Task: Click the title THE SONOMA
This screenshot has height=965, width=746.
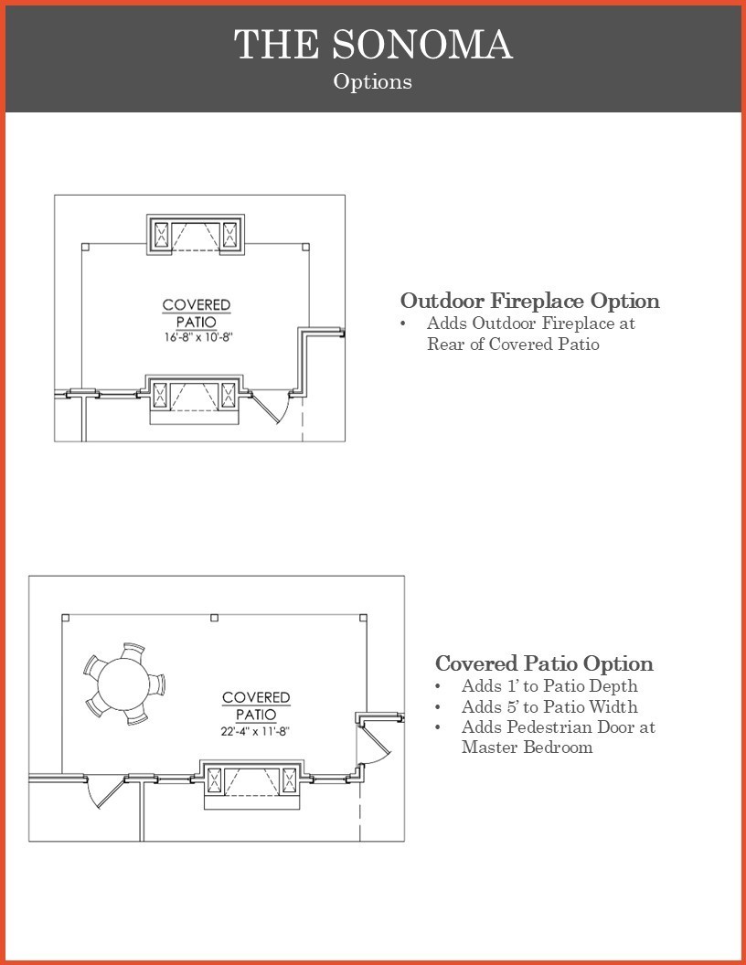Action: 373,44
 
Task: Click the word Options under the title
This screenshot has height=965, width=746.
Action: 372,81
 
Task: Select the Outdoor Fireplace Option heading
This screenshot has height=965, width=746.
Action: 530,301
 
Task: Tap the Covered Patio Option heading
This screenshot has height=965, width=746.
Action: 544,663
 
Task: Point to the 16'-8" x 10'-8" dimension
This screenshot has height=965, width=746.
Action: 197,337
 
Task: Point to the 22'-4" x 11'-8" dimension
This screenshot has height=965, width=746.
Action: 255,731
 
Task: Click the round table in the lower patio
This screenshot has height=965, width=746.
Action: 123,684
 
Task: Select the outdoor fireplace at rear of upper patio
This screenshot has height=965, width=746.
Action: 196,235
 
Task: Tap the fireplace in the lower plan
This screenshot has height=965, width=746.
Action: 251,784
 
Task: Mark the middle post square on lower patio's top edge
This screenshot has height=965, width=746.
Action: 214,617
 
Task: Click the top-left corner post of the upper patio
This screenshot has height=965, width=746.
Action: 86,248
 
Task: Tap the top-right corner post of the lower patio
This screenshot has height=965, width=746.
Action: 363,618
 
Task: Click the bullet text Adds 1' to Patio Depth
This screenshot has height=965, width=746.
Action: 549,685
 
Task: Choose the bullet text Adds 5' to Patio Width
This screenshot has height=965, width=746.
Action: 549,706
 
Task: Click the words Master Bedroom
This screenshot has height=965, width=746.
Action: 528,748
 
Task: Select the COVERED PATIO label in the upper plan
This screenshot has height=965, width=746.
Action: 197,313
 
